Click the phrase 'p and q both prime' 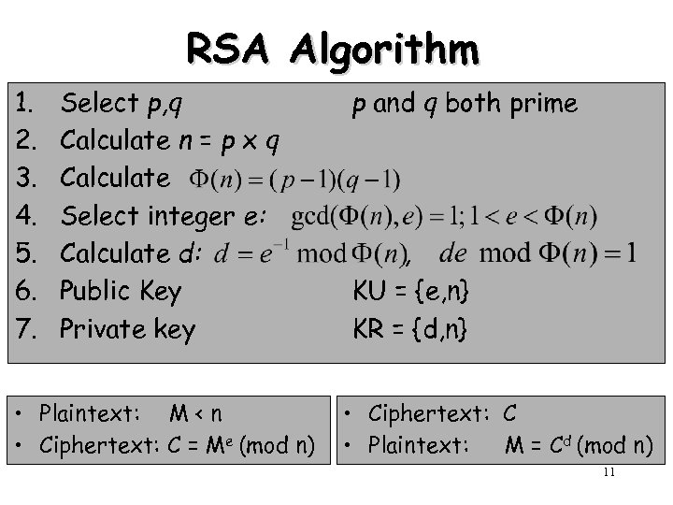tap(465, 104)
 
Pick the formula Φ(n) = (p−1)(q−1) tap(295, 179)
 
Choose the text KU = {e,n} tap(411, 291)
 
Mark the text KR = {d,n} tap(411, 328)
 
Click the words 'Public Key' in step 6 tap(120, 291)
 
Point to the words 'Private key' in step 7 tap(127, 328)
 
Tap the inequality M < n tap(196, 412)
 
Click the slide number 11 tap(609, 472)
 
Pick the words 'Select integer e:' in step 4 tap(164, 216)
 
